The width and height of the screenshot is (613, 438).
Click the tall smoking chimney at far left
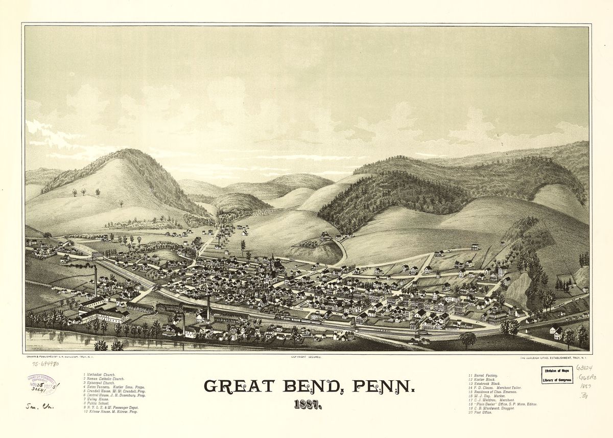96,281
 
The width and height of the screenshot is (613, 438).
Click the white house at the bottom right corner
556,333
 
